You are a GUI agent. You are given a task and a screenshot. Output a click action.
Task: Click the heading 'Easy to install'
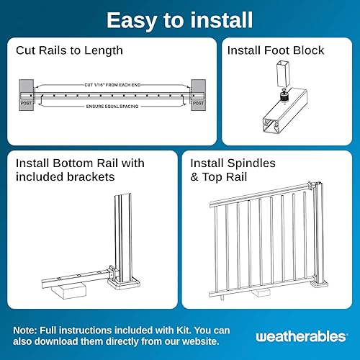click(x=179, y=19)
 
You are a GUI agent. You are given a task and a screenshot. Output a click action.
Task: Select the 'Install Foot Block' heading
click(x=275, y=51)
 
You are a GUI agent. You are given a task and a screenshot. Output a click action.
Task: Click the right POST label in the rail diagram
click(x=197, y=104)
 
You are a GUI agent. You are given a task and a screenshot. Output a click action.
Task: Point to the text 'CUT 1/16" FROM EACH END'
click(x=112, y=85)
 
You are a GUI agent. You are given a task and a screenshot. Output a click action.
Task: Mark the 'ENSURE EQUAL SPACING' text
click(x=112, y=107)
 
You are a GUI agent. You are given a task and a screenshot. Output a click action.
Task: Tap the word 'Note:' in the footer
click(x=27, y=329)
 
